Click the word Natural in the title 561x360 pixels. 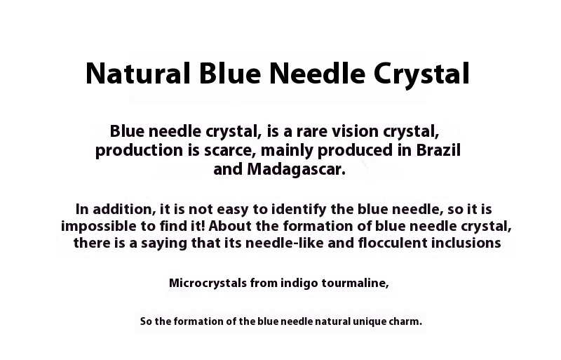[x=137, y=74]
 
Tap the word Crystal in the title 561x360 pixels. [x=421, y=74]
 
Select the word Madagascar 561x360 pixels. [x=296, y=169]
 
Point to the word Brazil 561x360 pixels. [x=438, y=149]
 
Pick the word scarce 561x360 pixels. [x=230, y=150]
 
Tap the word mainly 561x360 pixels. [x=288, y=150]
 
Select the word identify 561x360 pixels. [x=299, y=209]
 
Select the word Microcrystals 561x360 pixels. [x=208, y=283]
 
